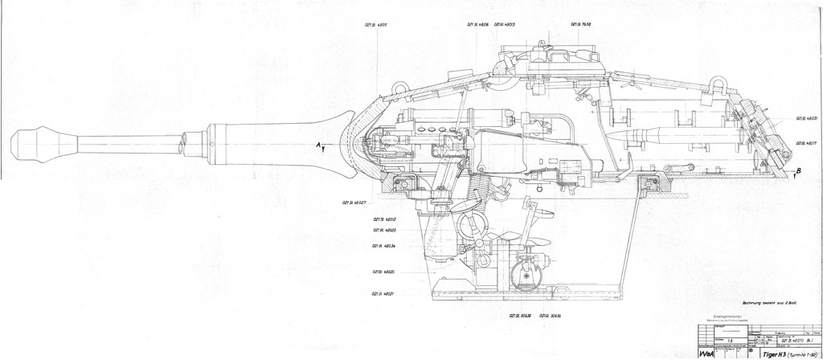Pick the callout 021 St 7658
pos(582,25)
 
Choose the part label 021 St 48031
pos(807,118)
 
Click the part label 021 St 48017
pos(807,141)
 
